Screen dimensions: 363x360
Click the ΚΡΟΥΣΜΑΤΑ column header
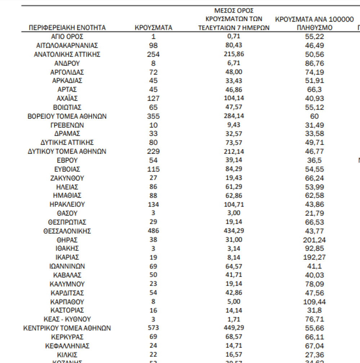(x=153, y=28)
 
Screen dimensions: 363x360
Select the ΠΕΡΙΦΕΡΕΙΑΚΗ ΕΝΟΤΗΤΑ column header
(x=67, y=28)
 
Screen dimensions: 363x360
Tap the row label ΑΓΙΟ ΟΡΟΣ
(x=67, y=37)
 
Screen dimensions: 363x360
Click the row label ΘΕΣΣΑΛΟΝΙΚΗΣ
(x=67, y=231)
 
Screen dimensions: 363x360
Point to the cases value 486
(x=153, y=231)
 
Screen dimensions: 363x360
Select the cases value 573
(x=153, y=328)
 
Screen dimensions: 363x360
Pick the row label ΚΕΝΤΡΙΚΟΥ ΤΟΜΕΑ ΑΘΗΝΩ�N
(x=67, y=328)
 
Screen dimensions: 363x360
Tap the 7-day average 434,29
(x=234, y=231)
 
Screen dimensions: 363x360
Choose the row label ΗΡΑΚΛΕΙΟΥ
(x=67, y=204)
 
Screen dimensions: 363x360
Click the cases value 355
(x=153, y=116)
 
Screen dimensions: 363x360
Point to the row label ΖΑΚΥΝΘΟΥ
(x=67, y=178)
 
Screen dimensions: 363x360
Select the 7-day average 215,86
(x=234, y=54)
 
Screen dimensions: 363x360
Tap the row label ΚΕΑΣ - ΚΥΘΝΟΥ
(x=67, y=319)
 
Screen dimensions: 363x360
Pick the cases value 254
(x=153, y=54)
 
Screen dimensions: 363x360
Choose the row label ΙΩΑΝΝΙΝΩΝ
(x=67, y=267)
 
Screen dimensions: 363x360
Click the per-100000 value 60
(x=314, y=116)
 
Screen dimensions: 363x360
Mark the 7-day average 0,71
(x=234, y=37)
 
